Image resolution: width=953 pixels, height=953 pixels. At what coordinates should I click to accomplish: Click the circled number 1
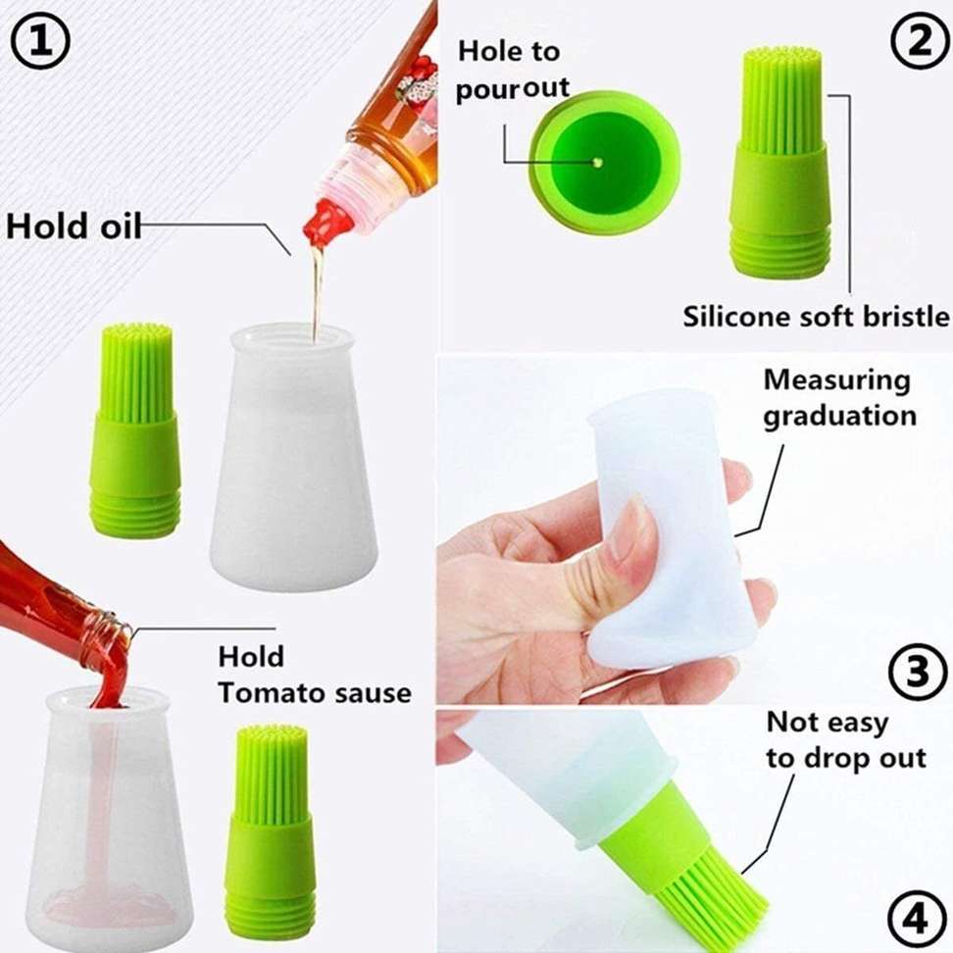pos(41,40)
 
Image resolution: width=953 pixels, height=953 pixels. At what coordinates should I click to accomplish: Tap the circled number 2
pos(919,40)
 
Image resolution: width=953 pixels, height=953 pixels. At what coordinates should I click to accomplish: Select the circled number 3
pos(917,672)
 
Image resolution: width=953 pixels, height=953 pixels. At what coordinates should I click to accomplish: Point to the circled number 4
pos(917,919)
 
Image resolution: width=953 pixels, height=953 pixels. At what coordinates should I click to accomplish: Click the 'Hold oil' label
pos(73,226)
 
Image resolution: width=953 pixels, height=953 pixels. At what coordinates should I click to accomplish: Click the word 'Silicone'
pos(734,316)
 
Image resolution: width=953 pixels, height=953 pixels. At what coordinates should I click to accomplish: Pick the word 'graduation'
pos(840,417)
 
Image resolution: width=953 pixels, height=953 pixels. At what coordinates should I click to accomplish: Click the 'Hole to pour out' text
pos(513,70)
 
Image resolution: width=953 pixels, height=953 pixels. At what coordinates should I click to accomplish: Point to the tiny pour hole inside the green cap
pos(597,163)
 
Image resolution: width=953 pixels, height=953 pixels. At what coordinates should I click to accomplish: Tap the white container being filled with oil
pos(293,458)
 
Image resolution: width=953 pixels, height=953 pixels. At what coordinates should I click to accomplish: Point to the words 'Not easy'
pos(827,723)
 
